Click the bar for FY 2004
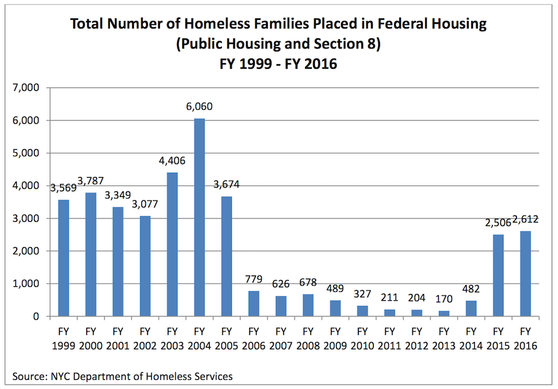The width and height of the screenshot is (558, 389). [199, 217]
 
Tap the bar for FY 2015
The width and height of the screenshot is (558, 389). [498, 275]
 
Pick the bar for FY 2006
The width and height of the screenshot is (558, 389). [254, 304]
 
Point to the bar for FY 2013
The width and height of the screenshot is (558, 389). [444, 313]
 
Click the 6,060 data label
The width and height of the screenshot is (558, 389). [199, 107]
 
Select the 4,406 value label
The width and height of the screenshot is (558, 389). [172, 161]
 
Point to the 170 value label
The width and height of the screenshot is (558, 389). [444, 299]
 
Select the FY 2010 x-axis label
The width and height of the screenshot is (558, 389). [362, 338]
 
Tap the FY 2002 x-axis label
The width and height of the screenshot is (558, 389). [144, 338]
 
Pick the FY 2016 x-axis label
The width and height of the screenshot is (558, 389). [526, 338]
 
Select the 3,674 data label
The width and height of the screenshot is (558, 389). [226, 185]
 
